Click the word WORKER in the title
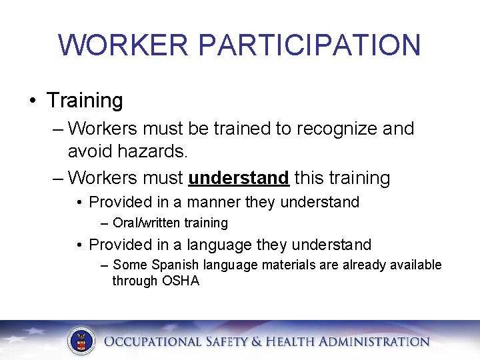pyautogui.click(x=125, y=45)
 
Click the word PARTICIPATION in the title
pyautogui.click(x=309, y=45)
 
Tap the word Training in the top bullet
pyautogui.click(x=85, y=101)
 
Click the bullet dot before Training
pyautogui.click(x=32, y=101)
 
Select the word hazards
pyautogui.click(x=153, y=151)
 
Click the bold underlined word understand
pyautogui.click(x=239, y=178)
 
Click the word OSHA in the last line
pyautogui.click(x=180, y=281)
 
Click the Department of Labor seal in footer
pyautogui.click(x=81, y=341)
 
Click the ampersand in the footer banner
pyautogui.click(x=257, y=342)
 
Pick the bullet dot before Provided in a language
pyautogui.click(x=79, y=245)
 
